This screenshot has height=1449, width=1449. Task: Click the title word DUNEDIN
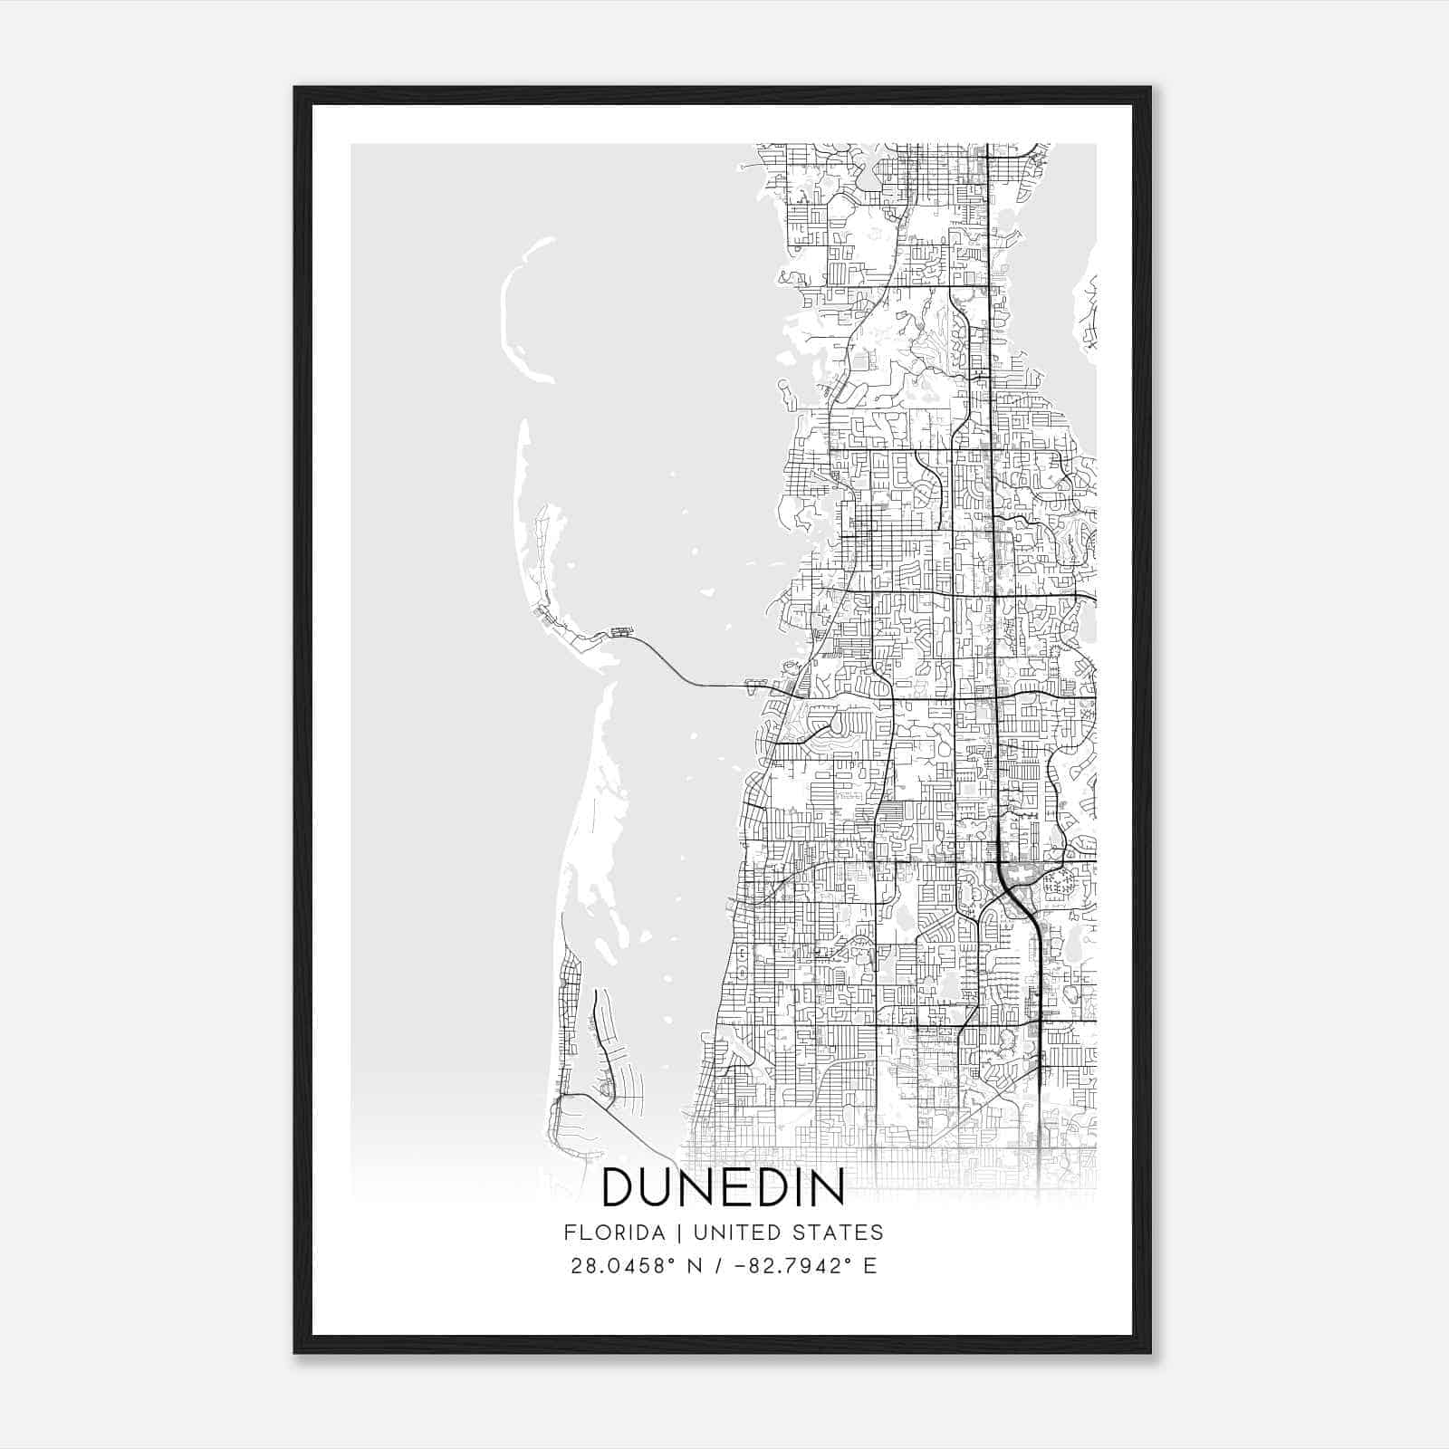click(723, 1187)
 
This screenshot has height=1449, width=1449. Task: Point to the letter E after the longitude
click(870, 1266)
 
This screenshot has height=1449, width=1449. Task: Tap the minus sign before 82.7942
click(741, 1266)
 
